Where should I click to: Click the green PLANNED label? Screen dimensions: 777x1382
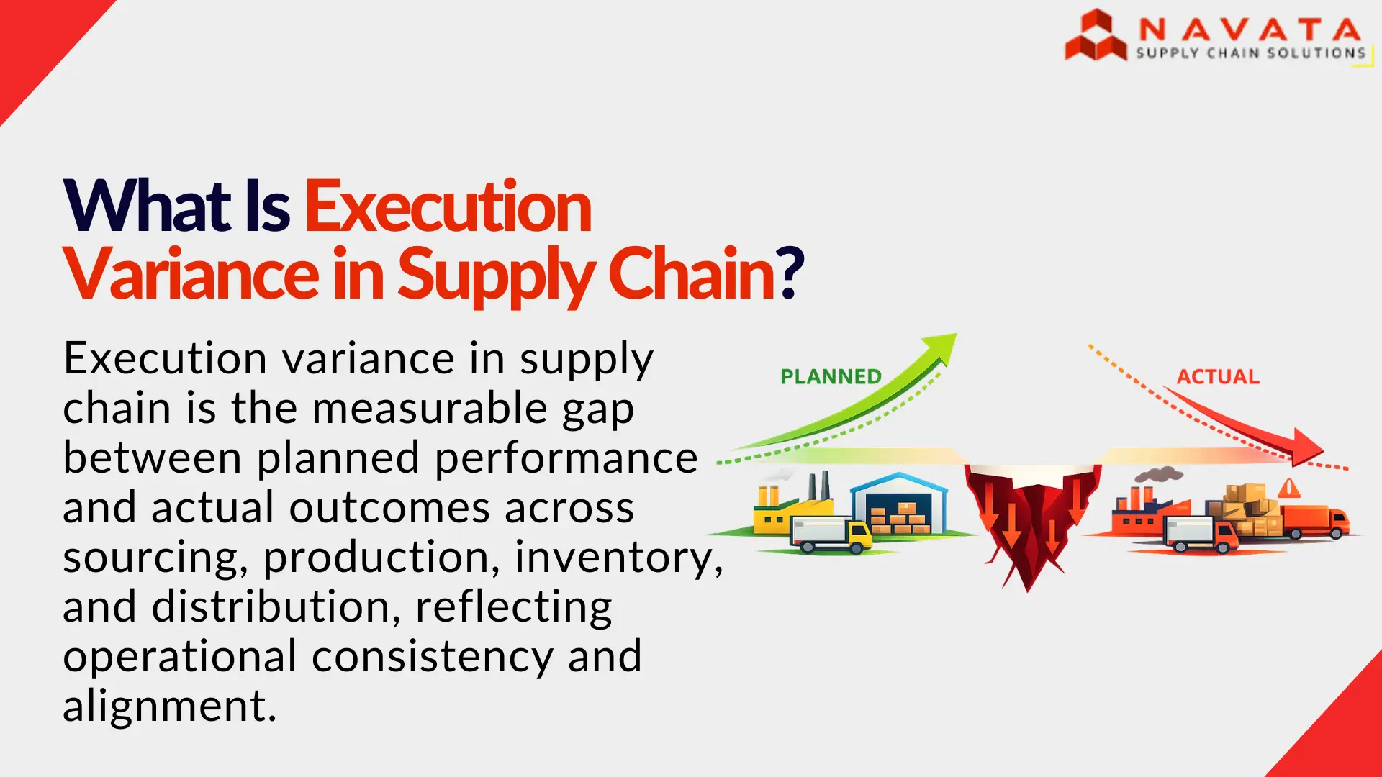[831, 376]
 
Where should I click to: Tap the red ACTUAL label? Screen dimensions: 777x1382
[1218, 377]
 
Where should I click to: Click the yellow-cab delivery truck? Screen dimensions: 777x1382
[831, 535]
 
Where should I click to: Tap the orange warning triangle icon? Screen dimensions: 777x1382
[1289, 489]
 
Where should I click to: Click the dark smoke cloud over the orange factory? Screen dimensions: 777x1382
[1159, 474]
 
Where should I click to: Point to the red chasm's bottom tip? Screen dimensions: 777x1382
[1028, 586]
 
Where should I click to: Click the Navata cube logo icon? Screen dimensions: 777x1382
[1096, 36]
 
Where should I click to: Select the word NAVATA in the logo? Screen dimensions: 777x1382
[1250, 29]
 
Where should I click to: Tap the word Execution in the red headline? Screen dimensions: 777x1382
[448, 207]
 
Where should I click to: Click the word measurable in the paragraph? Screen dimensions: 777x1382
[430, 408]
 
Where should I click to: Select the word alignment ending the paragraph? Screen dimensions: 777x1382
[169, 706]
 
